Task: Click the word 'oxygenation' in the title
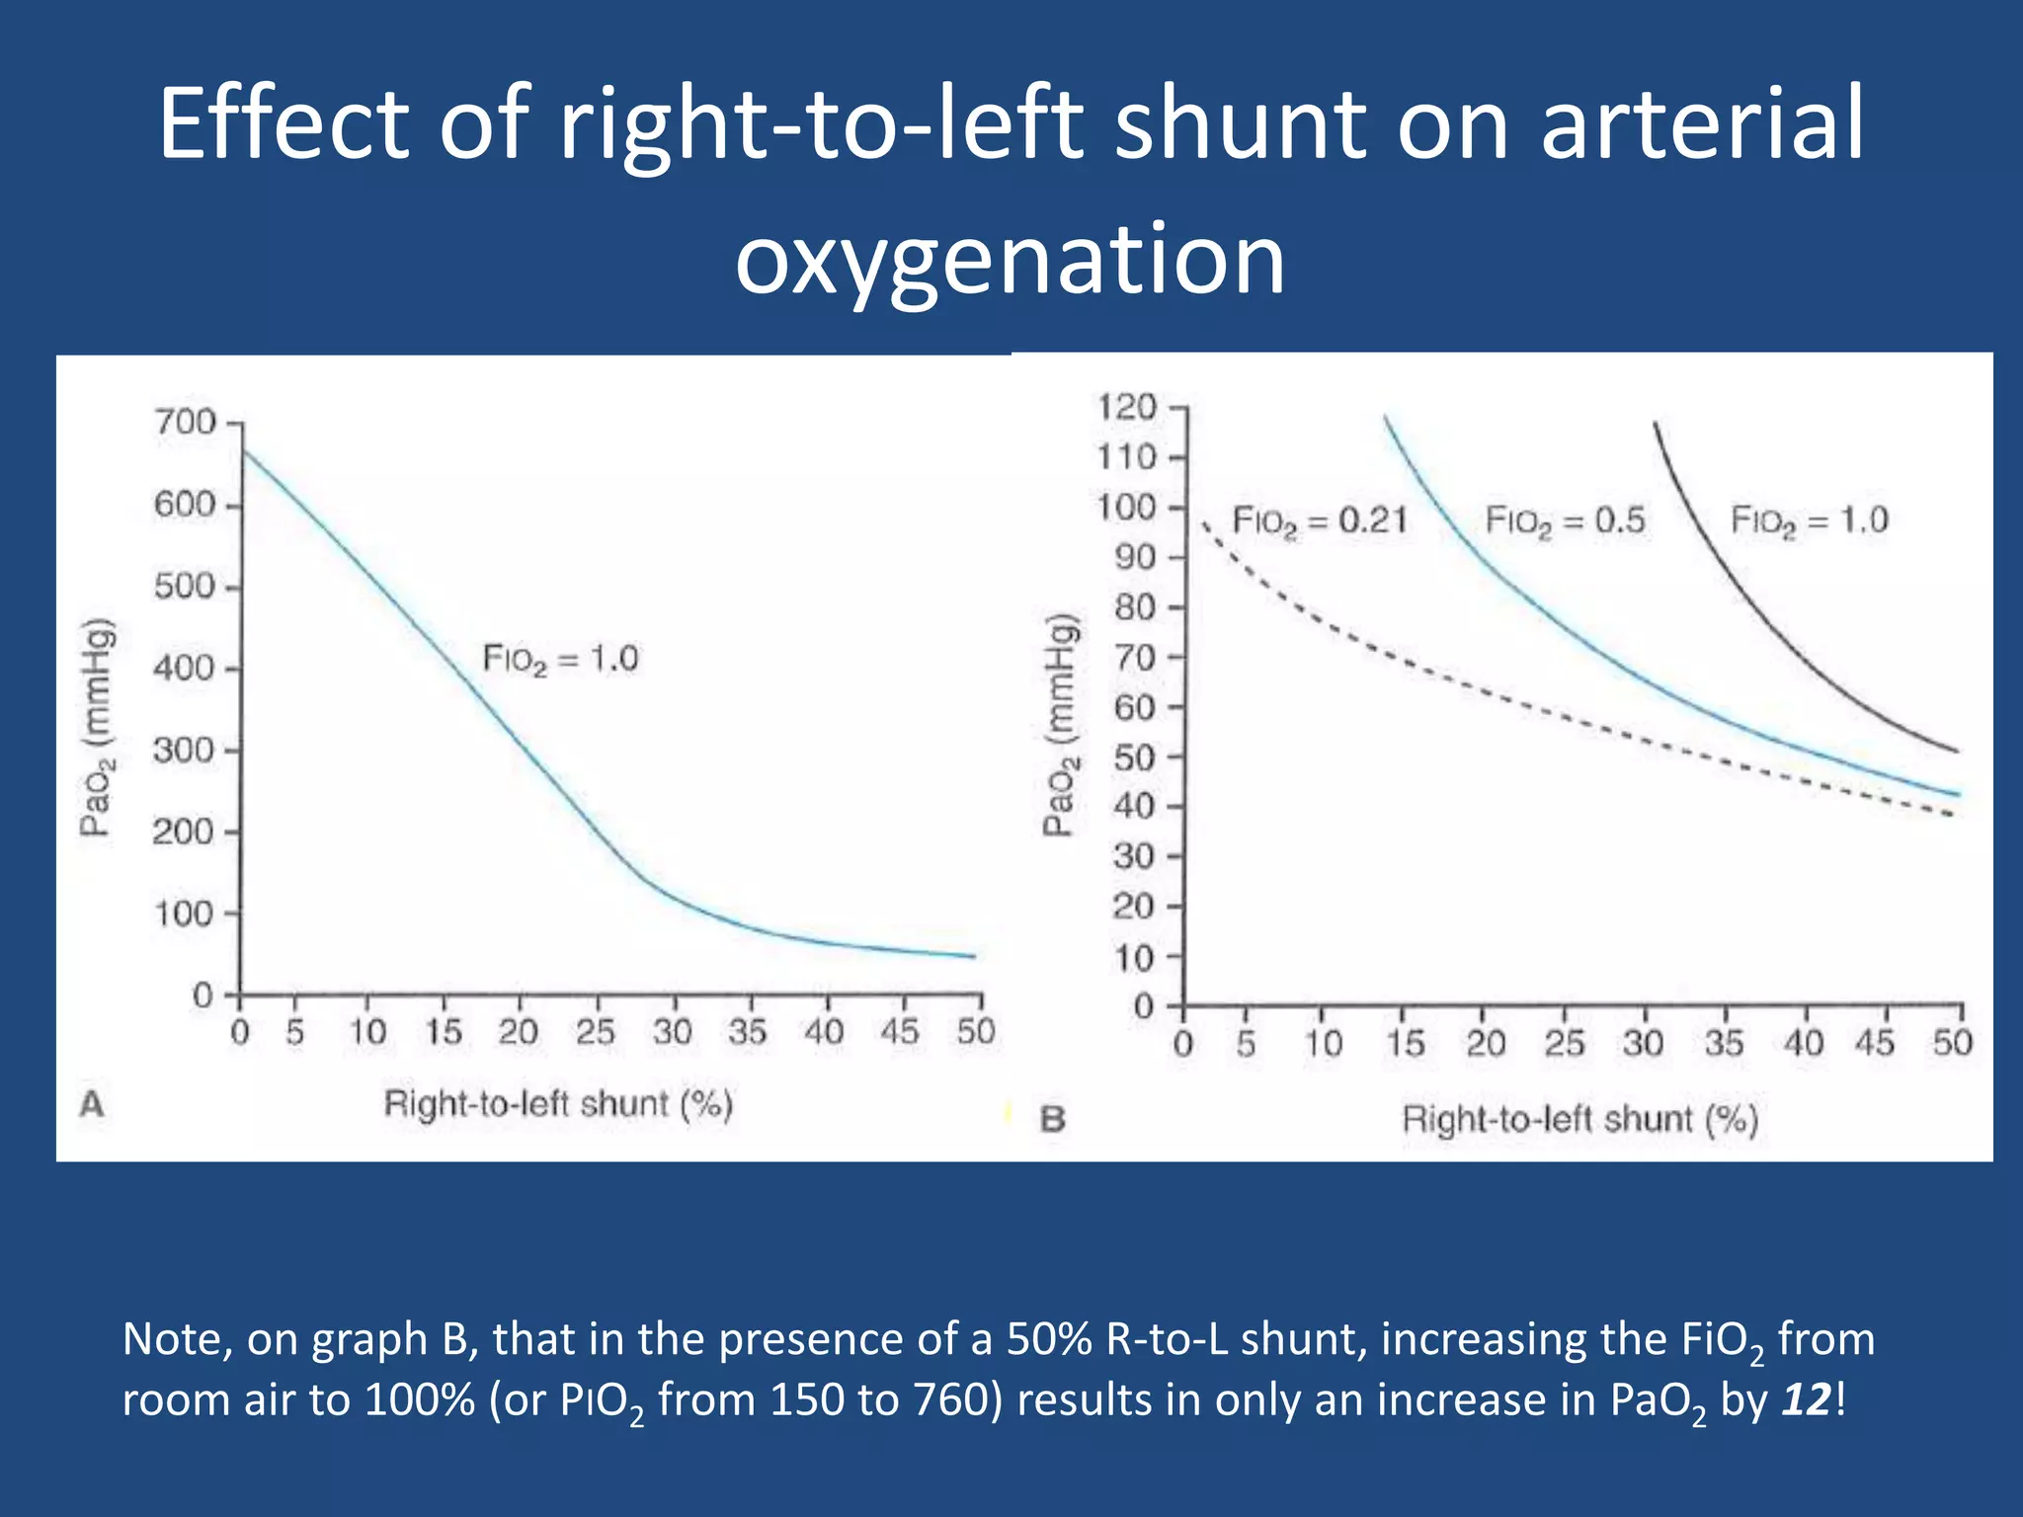pos(1010,259)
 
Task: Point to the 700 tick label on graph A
pos(185,423)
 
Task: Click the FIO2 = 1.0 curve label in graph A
pos(560,659)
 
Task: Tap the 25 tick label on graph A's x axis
pos(596,1033)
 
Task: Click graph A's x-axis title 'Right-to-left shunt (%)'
pos(558,1104)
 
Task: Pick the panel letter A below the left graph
pos(91,1104)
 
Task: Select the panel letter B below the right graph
pos(1053,1120)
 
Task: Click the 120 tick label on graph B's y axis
pos(1127,407)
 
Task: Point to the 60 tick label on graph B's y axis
pos(1134,707)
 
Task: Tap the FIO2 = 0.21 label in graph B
pos(1320,520)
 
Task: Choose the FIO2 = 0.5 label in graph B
pos(1566,520)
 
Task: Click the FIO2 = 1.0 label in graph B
pos(1809,520)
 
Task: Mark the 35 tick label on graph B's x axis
pos(1724,1044)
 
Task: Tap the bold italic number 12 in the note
pos(1807,1399)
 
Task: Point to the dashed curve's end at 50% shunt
pos(1954,815)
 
